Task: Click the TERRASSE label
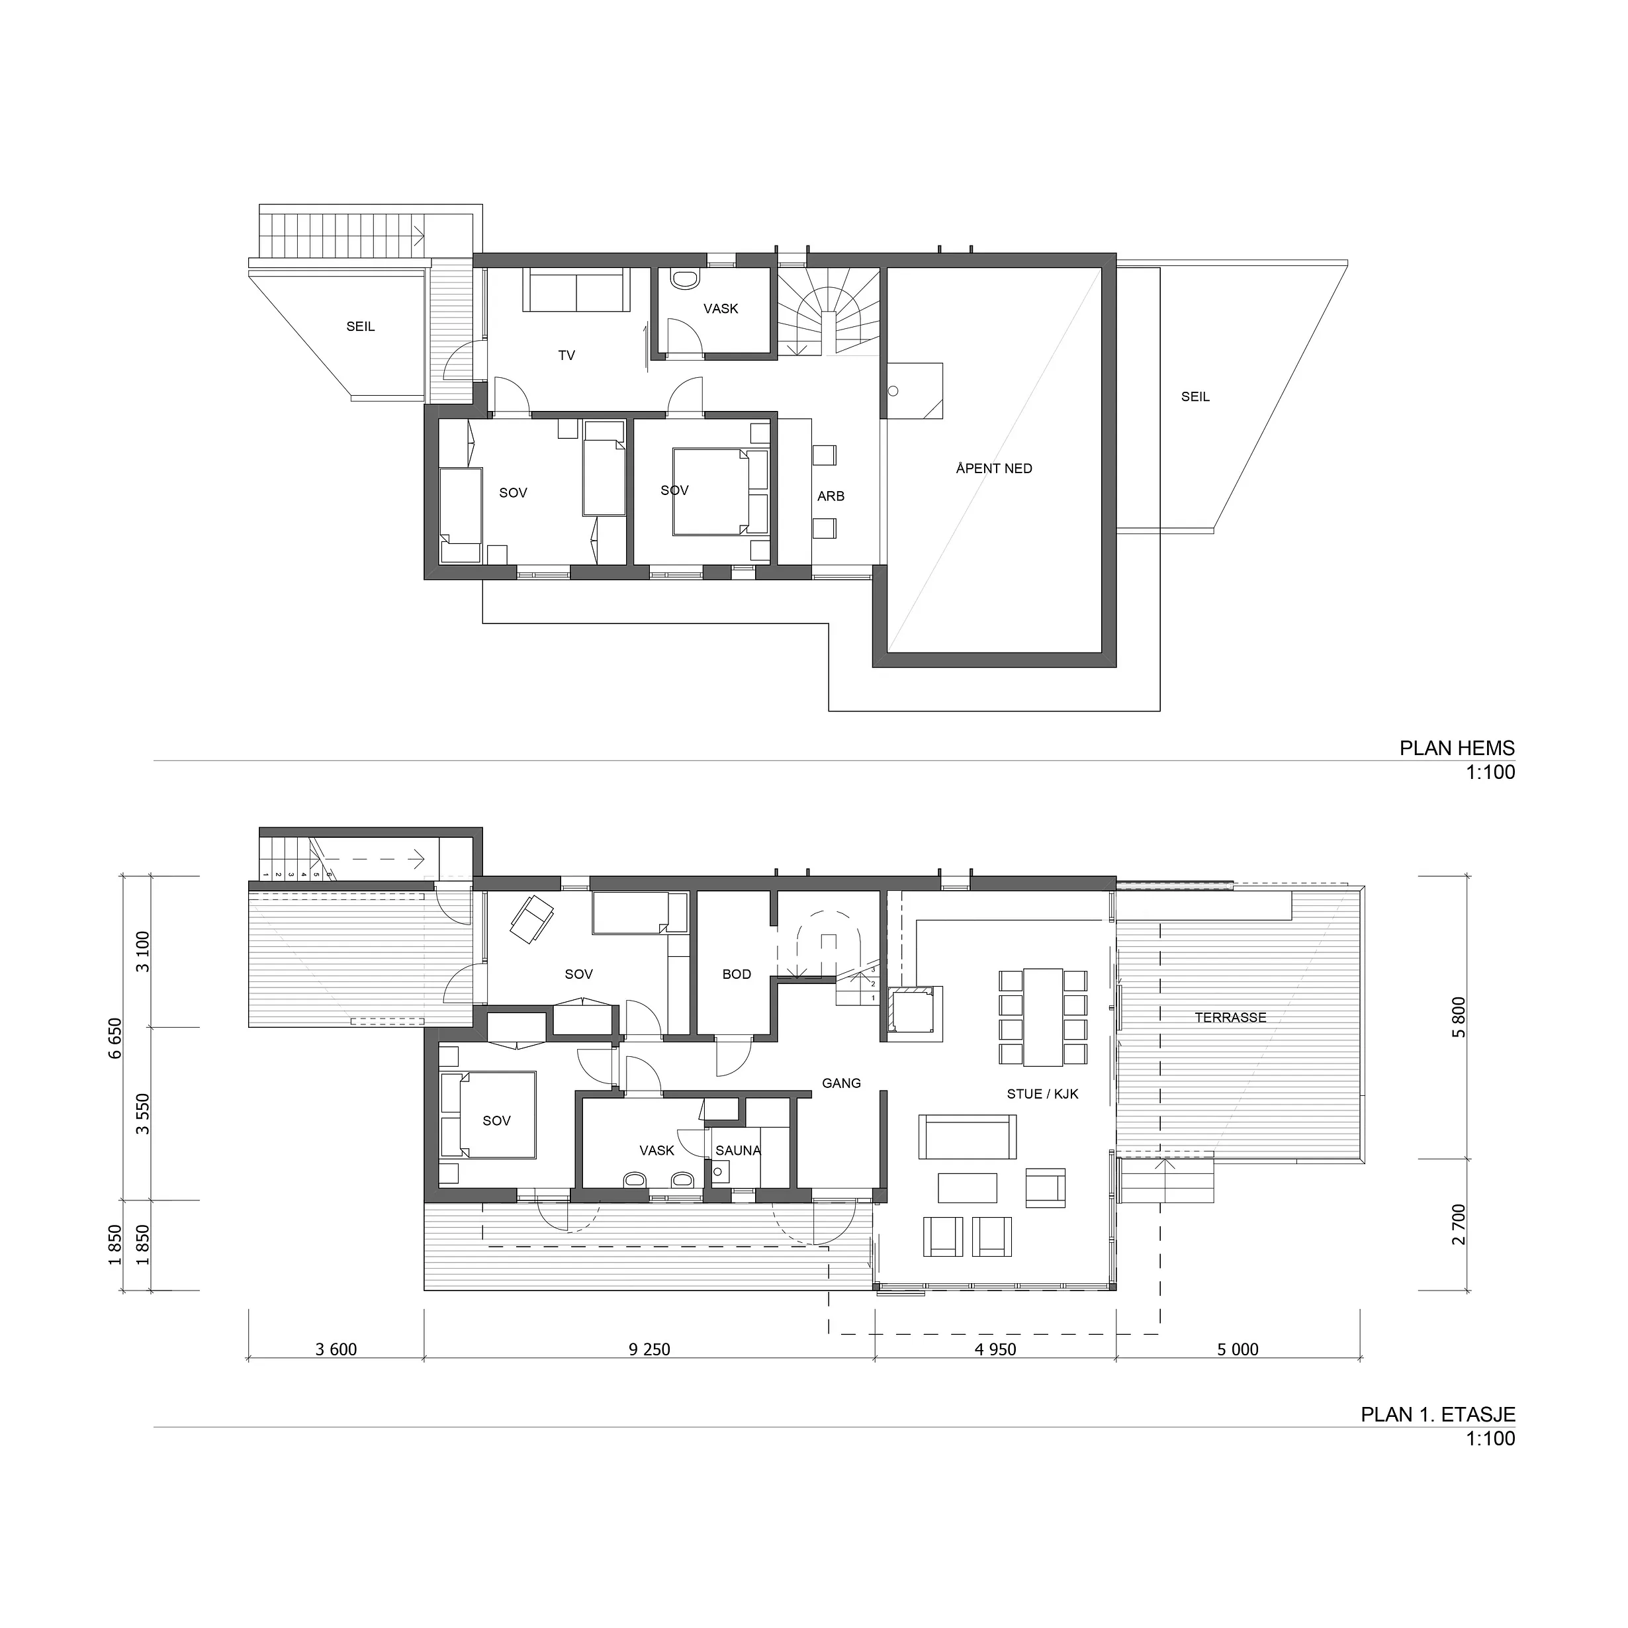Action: [x=1230, y=1018]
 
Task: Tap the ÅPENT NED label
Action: [x=994, y=469]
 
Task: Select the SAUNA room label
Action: [x=738, y=1150]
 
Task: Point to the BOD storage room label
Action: [x=737, y=974]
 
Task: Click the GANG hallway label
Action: [x=841, y=1083]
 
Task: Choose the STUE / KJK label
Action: [x=1042, y=1094]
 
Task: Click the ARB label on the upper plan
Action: [x=831, y=496]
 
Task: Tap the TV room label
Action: [x=566, y=355]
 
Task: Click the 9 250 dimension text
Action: [x=650, y=1350]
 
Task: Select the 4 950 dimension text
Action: [x=996, y=1350]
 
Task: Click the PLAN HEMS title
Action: [x=1457, y=748]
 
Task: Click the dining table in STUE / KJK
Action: [x=1043, y=1017]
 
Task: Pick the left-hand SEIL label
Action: [x=361, y=327]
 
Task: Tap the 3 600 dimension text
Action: [x=336, y=1350]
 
